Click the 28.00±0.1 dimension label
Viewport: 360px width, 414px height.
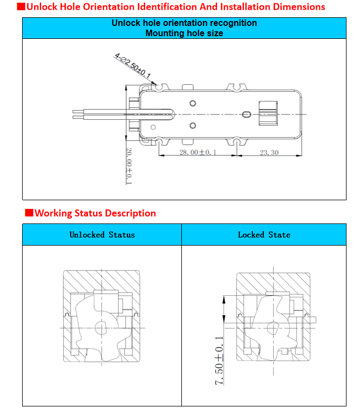[x=198, y=153]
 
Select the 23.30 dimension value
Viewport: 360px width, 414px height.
[x=269, y=153]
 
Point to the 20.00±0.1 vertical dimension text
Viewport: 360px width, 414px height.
[x=129, y=166]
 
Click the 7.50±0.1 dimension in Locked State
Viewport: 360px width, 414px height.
[x=219, y=360]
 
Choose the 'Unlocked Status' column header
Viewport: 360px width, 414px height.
[x=102, y=235]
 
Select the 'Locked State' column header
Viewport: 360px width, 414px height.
[x=264, y=235]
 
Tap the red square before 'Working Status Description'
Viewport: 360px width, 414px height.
[x=29, y=213]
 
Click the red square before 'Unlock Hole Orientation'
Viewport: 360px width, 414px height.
[x=21, y=7]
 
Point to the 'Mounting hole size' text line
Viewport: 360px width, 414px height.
[x=184, y=33]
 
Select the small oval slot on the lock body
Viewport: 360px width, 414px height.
[x=247, y=114]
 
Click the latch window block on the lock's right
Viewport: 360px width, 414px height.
[x=268, y=114]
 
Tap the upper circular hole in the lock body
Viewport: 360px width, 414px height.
[x=193, y=103]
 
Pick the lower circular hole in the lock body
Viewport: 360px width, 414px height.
[x=193, y=126]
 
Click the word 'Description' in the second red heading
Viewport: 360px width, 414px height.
[x=130, y=213]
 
